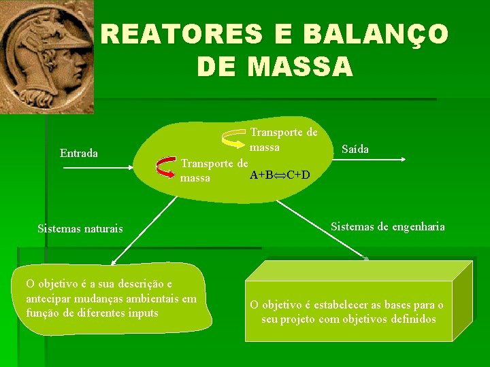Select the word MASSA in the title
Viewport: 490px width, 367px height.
pyautogui.click(x=301, y=67)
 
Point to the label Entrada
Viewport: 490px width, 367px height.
pyautogui.click(x=79, y=153)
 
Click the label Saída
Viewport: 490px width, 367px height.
pyautogui.click(x=355, y=149)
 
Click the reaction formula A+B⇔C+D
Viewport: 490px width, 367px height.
pyautogui.click(x=280, y=175)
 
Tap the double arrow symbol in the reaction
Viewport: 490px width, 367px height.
pyautogui.click(x=280, y=175)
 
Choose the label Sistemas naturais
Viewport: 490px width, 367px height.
pyautogui.click(x=80, y=229)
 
